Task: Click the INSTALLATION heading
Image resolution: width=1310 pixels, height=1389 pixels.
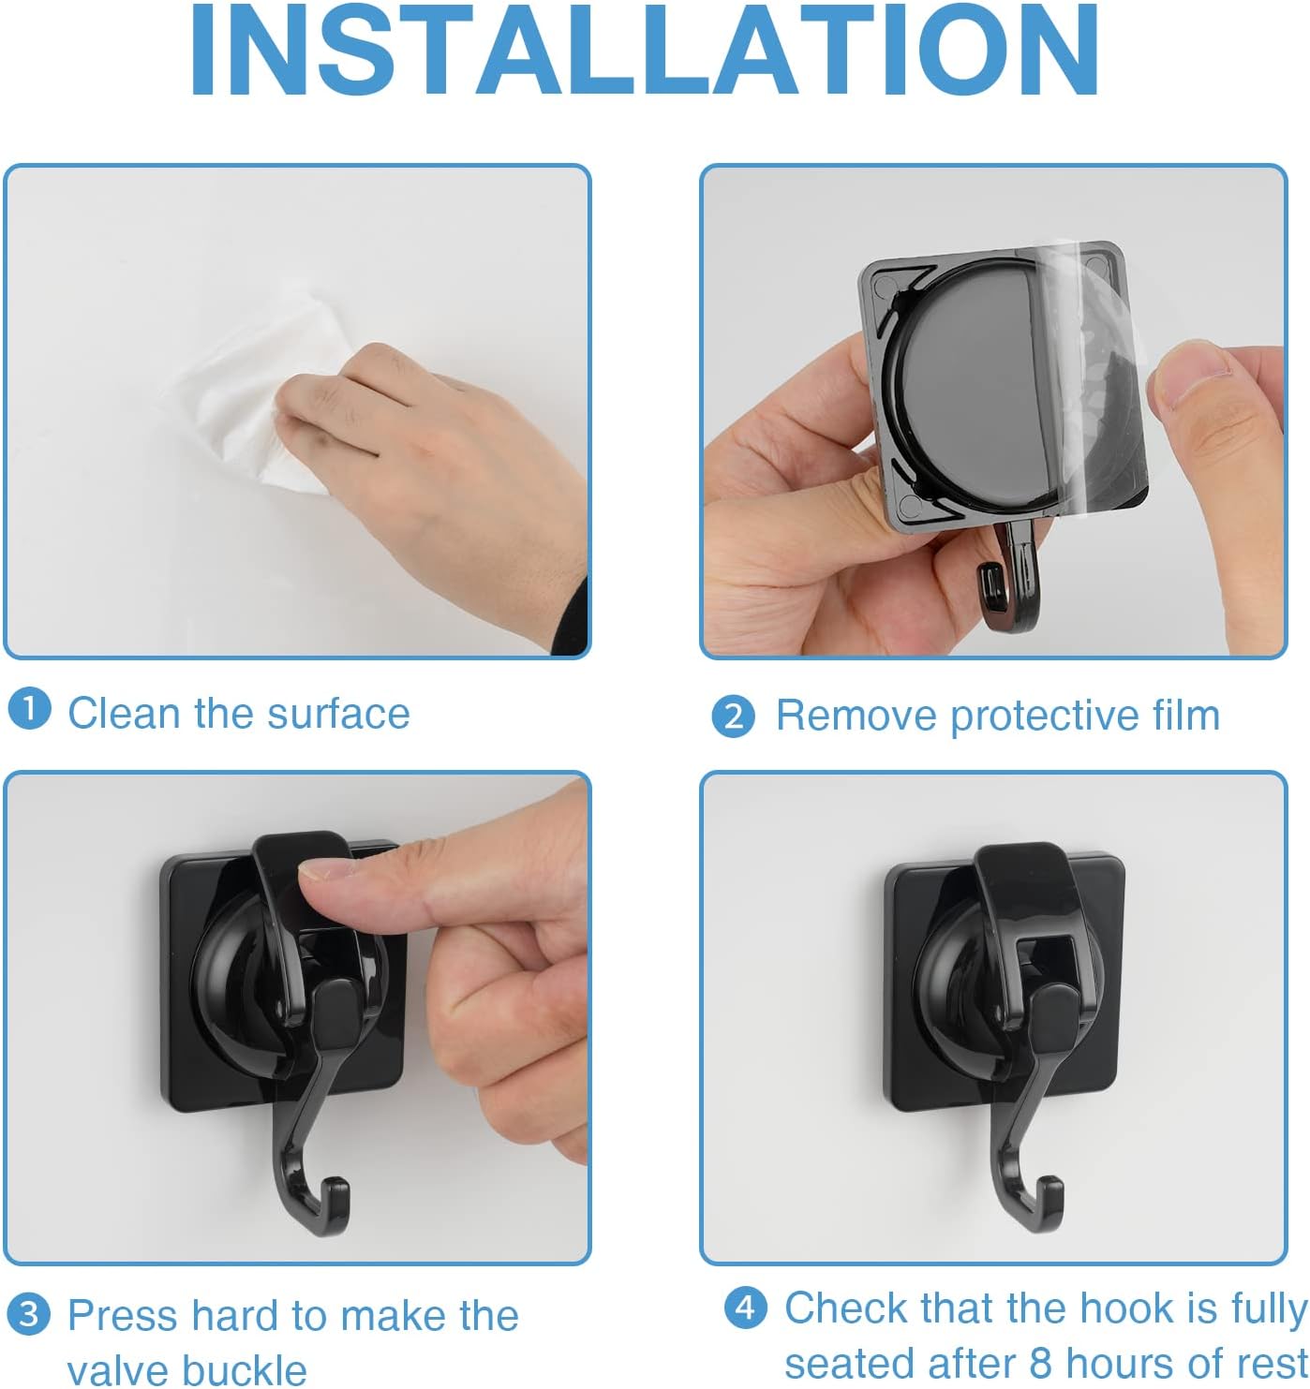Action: pyautogui.click(x=646, y=52)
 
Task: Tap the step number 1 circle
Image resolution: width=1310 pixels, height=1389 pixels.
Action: pyautogui.click(x=29, y=709)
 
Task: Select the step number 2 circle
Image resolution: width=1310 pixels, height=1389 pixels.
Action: pyautogui.click(x=733, y=717)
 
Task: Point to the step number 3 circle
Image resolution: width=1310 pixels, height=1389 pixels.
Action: pyautogui.click(x=29, y=1314)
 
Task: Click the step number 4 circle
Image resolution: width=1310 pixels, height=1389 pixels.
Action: pyautogui.click(x=746, y=1307)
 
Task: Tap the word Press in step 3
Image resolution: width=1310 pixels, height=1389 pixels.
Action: pyautogui.click(x=122, y=1315)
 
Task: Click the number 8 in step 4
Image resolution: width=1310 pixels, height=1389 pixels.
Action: pyautogui.click(x=1040, y=1362)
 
